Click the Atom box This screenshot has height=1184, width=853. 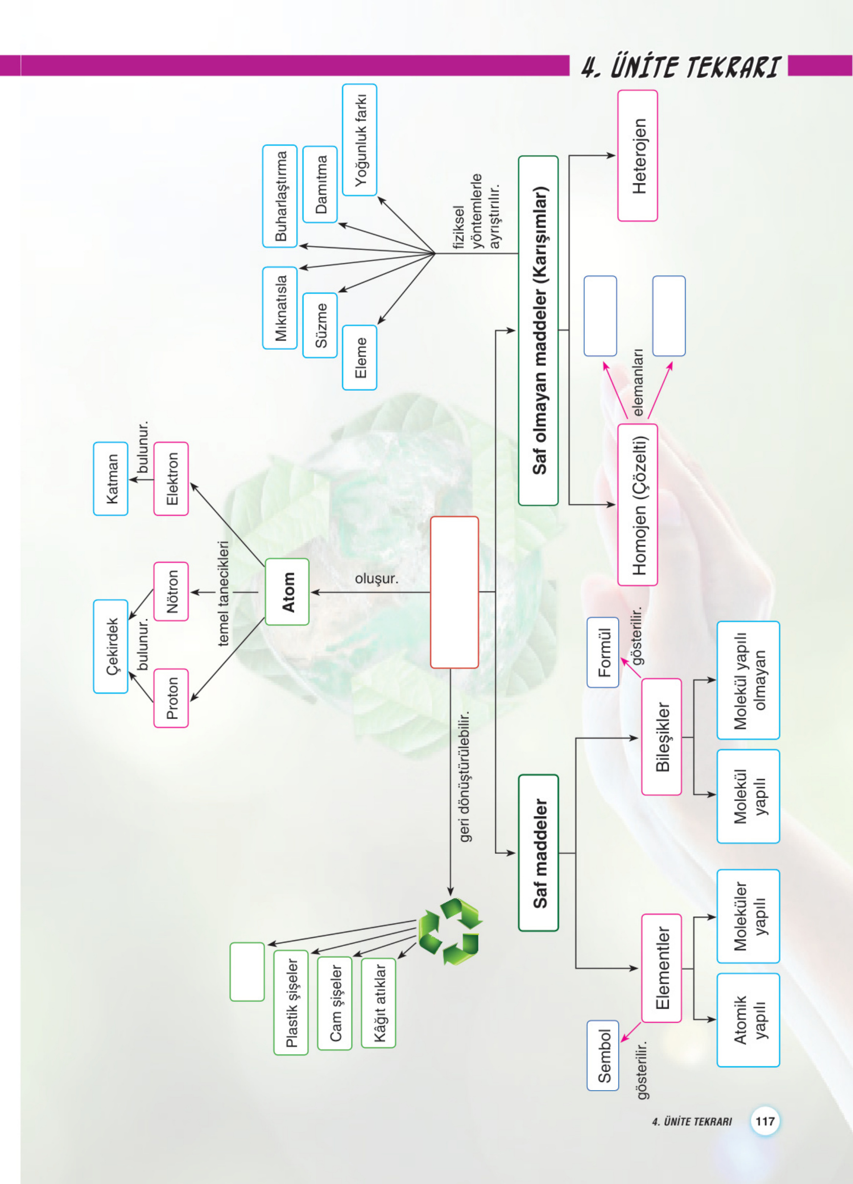pyautogui.click(x=287, y=592)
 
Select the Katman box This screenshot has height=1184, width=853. pyautogui.click(x=111, y=479)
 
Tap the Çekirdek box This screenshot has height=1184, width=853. pyautogui.click(x=111, y=646)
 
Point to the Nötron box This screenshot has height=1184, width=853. pyautogui.click(x=171, y=592)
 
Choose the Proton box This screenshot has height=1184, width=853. pyautogui.click(x=171, y=698)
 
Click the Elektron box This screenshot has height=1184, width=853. pyautogui.click(x=171, y=479)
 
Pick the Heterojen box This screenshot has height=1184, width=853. pyautogui.click(x=637, y=155)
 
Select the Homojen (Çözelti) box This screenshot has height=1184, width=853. pyautogui.click(x=637, y=505)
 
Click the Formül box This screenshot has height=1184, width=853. pyautogui.click(x=603, y=653)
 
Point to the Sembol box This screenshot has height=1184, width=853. pyautogui.click(x=603, y=1056)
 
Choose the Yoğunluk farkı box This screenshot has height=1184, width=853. pyautogui.click(x=359, y=140)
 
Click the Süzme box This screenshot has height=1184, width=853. pyautogui.click(x=320, y=325)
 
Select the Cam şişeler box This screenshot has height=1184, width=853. pyautogui.click(x=334, y=1003)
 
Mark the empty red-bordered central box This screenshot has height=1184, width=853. pyautogui.click(x=455, y=592)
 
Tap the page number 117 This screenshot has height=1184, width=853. pyautogui.click(x=765, y=1121)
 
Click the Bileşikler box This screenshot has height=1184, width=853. pyautogui.click(x=661, y=737)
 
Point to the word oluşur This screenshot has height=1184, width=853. pyautogui.click(x=376, y=578)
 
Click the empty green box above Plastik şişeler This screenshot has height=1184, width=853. pyautogui.click(x=247, y=972)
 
